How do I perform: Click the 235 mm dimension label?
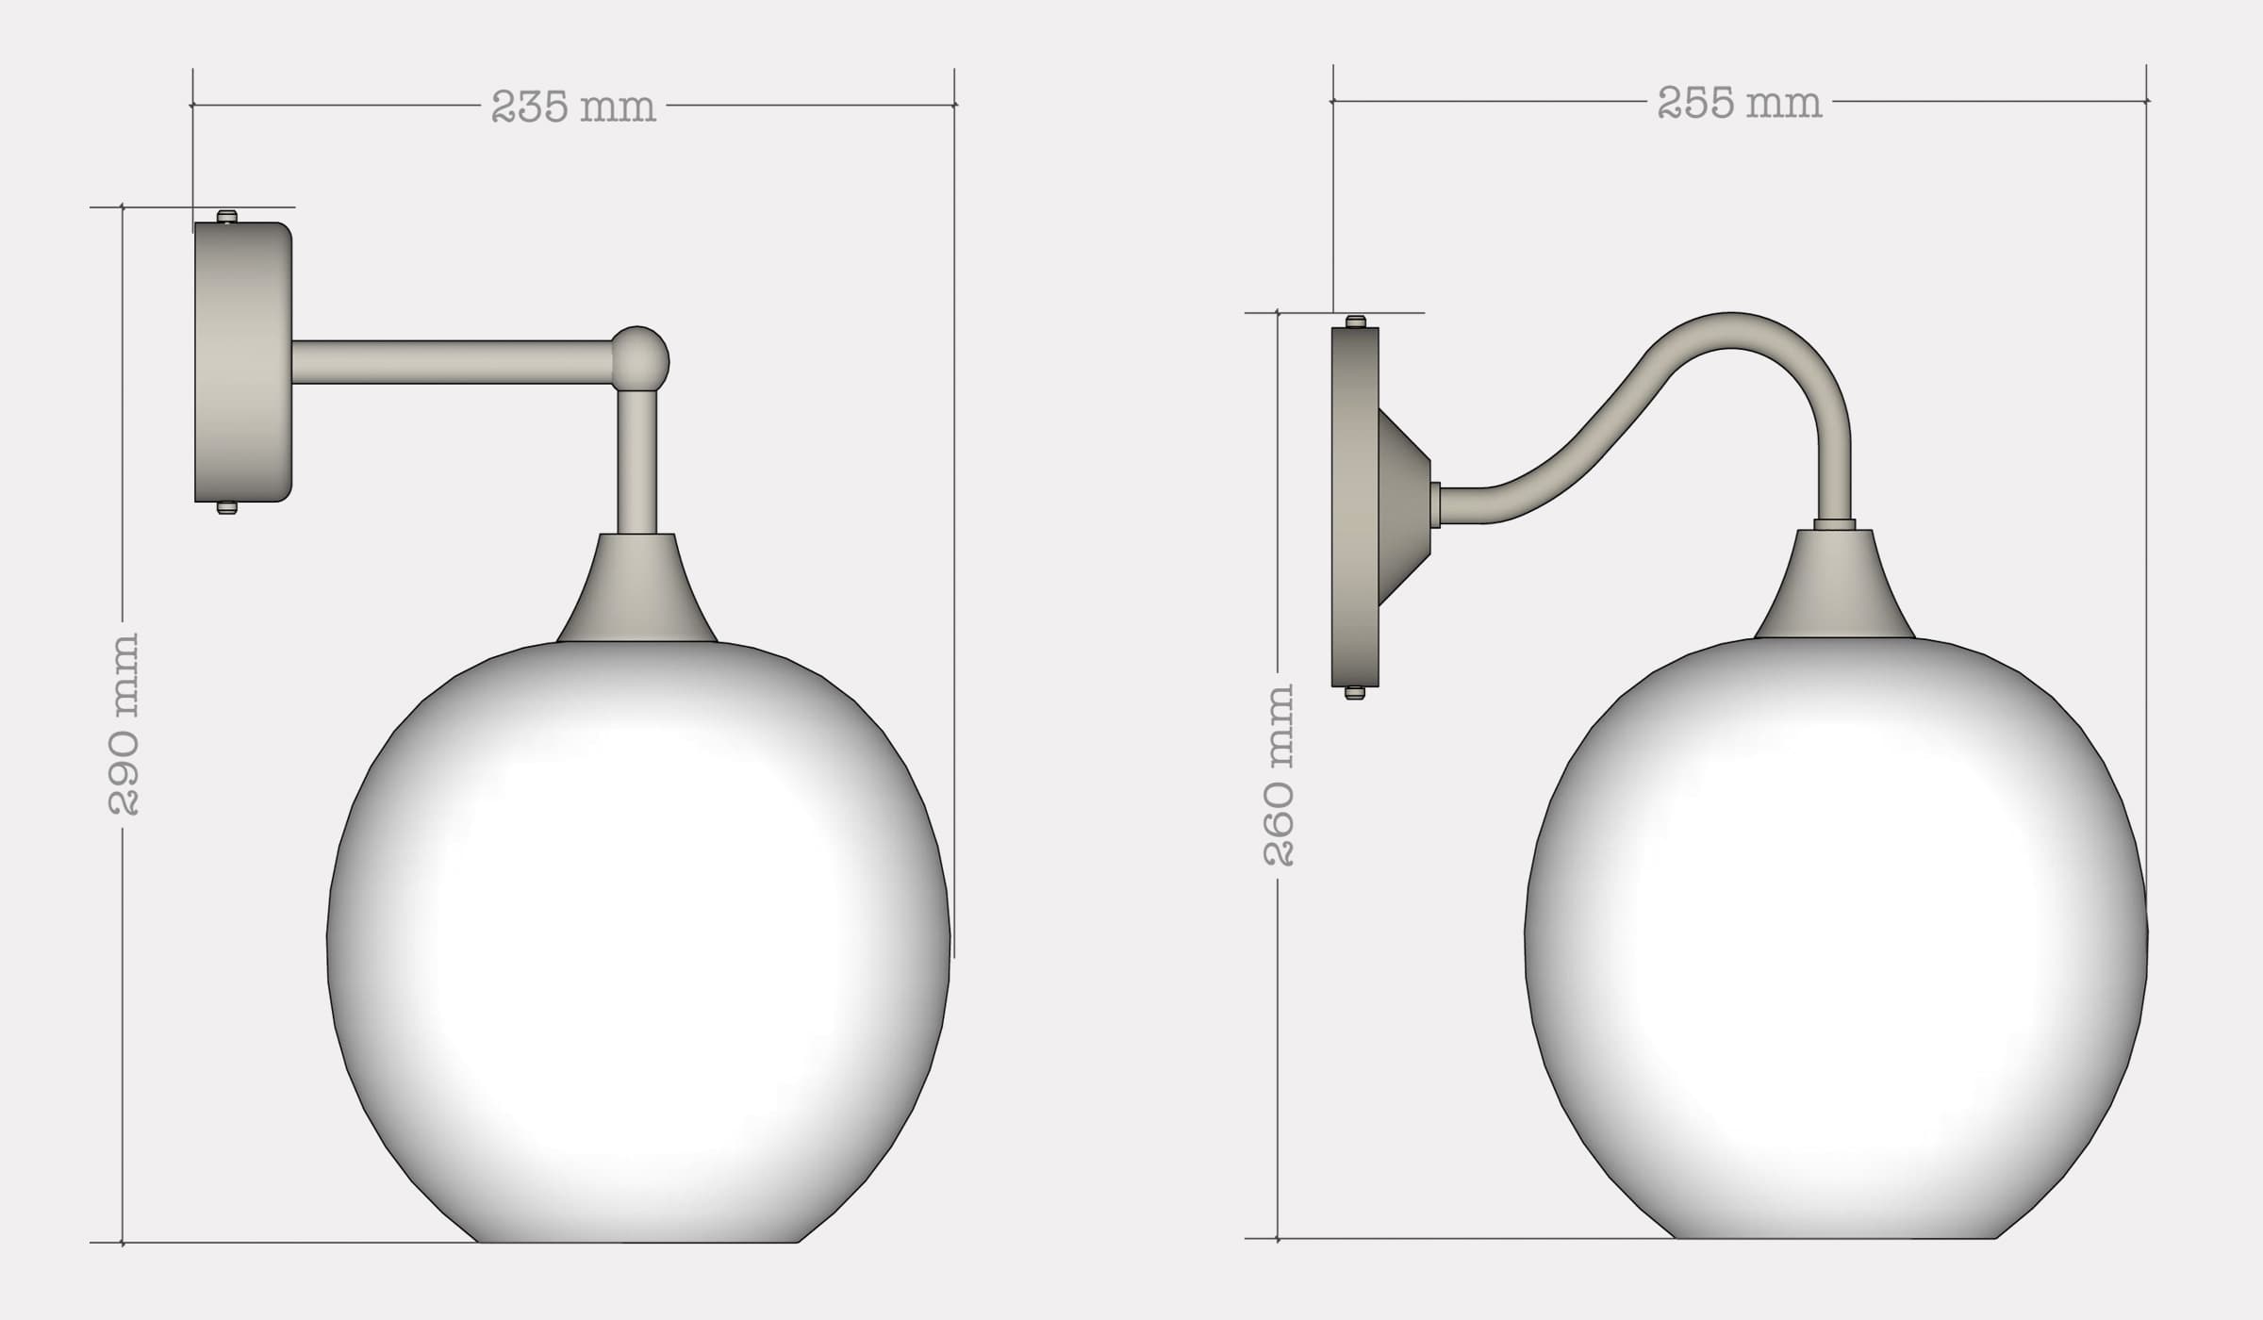click(x=573, y=107)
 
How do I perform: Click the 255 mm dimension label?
click(x=1740, y=103)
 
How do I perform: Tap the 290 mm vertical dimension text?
click(x=124, y=724)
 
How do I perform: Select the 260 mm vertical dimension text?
click(x=1279, y=775)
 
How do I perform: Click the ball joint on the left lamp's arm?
click(x=640, y=359)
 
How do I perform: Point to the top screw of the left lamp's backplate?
click(x=226, y=217)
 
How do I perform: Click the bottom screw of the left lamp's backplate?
click(x=226, y=508)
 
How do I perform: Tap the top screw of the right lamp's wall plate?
click(x=1355, y=322)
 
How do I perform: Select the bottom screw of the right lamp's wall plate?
click(x=1355, y=693)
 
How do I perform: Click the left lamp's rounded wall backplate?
click(x=242, y=363)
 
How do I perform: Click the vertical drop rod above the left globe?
click(x=636, y=462)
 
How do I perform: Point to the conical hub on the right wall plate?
click(x=1405, y=506)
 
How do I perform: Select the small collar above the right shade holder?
click(x=1834, y=524)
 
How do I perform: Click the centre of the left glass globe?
click(x=638, y=943)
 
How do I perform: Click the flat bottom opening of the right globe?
click(x=1836, y=1236)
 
